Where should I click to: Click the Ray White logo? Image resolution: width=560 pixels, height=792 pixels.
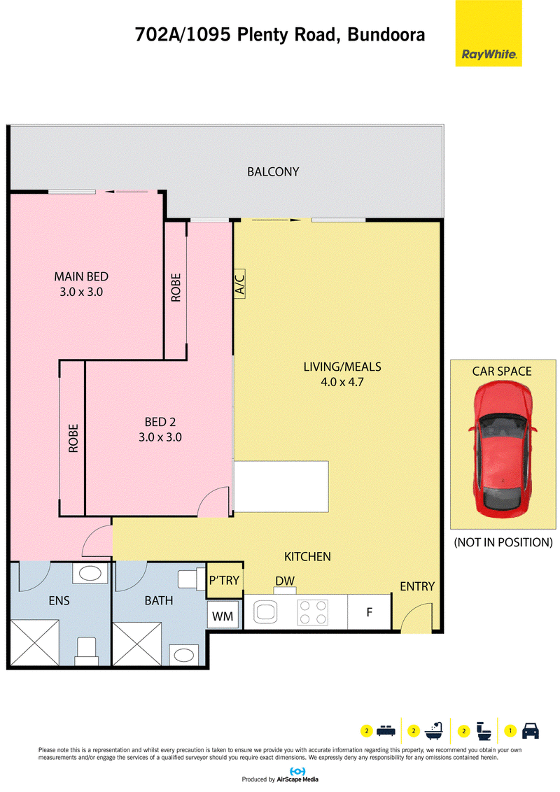(x=488, y=34)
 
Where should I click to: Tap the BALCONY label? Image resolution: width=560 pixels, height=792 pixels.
(x=273, y=171)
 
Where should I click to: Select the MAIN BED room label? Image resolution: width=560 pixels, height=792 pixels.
(x=81, y=276)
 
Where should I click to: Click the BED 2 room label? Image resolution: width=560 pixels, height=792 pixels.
(x=160, y=422)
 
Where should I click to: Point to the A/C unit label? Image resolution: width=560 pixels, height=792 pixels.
(x=239, y=283)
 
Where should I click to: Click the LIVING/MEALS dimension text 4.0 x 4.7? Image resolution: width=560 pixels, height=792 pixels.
(x=342, y=382)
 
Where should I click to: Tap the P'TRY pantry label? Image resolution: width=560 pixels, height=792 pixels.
(x=224, y=581)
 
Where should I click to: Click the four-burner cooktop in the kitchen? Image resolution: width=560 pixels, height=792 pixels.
(x=313, y=612)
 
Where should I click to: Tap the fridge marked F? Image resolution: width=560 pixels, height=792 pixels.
(x=370, y=612)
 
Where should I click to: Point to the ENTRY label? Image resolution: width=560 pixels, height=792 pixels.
(x=417, y=586)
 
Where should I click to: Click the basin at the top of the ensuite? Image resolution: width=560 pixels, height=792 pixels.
(x=90, y=573)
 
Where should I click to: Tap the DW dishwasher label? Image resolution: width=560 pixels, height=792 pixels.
(x=284, y=581)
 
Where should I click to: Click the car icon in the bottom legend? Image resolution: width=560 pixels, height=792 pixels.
(x=530, y=731)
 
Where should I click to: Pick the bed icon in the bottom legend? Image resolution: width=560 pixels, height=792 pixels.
(x=386, y=731)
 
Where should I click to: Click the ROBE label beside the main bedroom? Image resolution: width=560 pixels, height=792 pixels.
(x=176, y=288)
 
